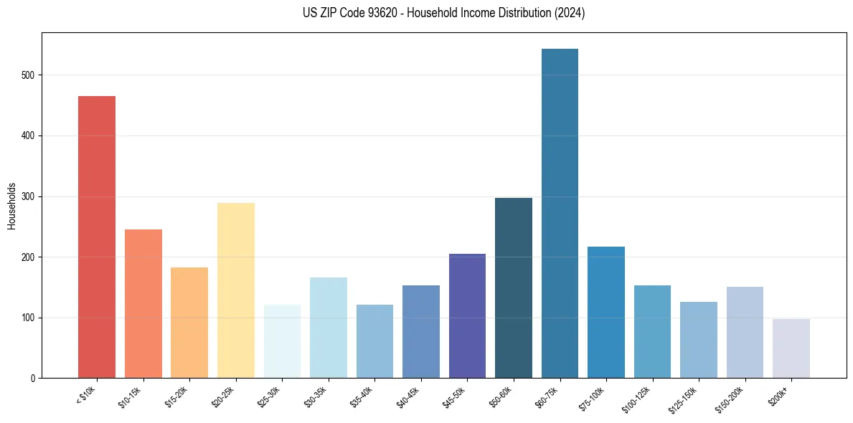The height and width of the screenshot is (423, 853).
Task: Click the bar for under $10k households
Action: tap(97, 237)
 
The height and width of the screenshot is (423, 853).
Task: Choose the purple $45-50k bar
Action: tap(467, 315)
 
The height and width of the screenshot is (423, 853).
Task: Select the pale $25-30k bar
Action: tap(282, 341)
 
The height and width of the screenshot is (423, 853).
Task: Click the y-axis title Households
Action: tap(11, 205)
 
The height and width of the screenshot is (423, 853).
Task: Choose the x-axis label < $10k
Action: tap(87, 394)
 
